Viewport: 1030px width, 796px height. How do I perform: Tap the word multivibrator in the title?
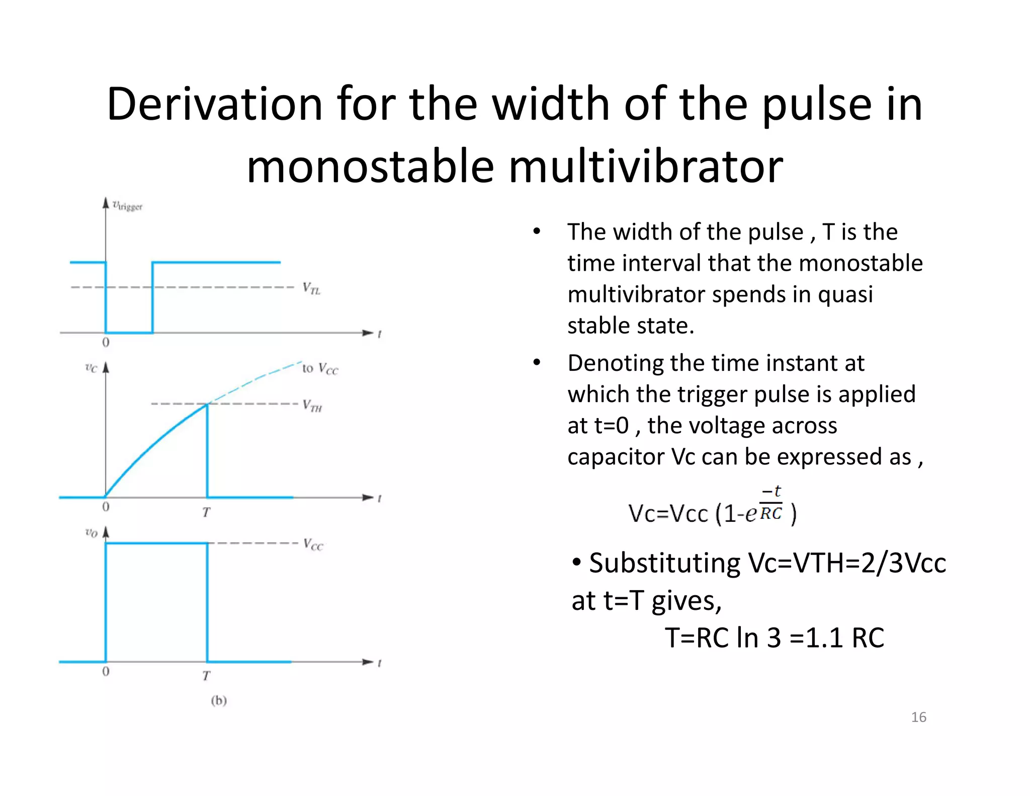click(646, 167)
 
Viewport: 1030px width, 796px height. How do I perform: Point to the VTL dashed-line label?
click(311, 289)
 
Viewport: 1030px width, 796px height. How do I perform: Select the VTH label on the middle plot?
click(312, 406)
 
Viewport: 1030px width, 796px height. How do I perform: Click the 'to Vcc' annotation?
click(320, 369)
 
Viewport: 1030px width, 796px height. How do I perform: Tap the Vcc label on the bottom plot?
click(313, 544)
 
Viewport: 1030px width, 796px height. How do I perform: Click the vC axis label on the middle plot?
click(91, 368)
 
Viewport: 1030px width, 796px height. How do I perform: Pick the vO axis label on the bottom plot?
click(91, 533)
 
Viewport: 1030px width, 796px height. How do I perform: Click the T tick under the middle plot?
click(206, 513)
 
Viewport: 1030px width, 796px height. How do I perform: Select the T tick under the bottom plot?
click(206, 676)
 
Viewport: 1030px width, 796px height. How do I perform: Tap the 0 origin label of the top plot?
click(106, 343)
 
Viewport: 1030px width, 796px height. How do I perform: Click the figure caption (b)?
click(219, 700)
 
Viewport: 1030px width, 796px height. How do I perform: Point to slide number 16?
click(918, 717)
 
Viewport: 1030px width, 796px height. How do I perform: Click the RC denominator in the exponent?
click(771, 514)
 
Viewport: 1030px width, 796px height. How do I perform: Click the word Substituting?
click(664, 563)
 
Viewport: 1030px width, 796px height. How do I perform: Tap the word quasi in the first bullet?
click(845, 294)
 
